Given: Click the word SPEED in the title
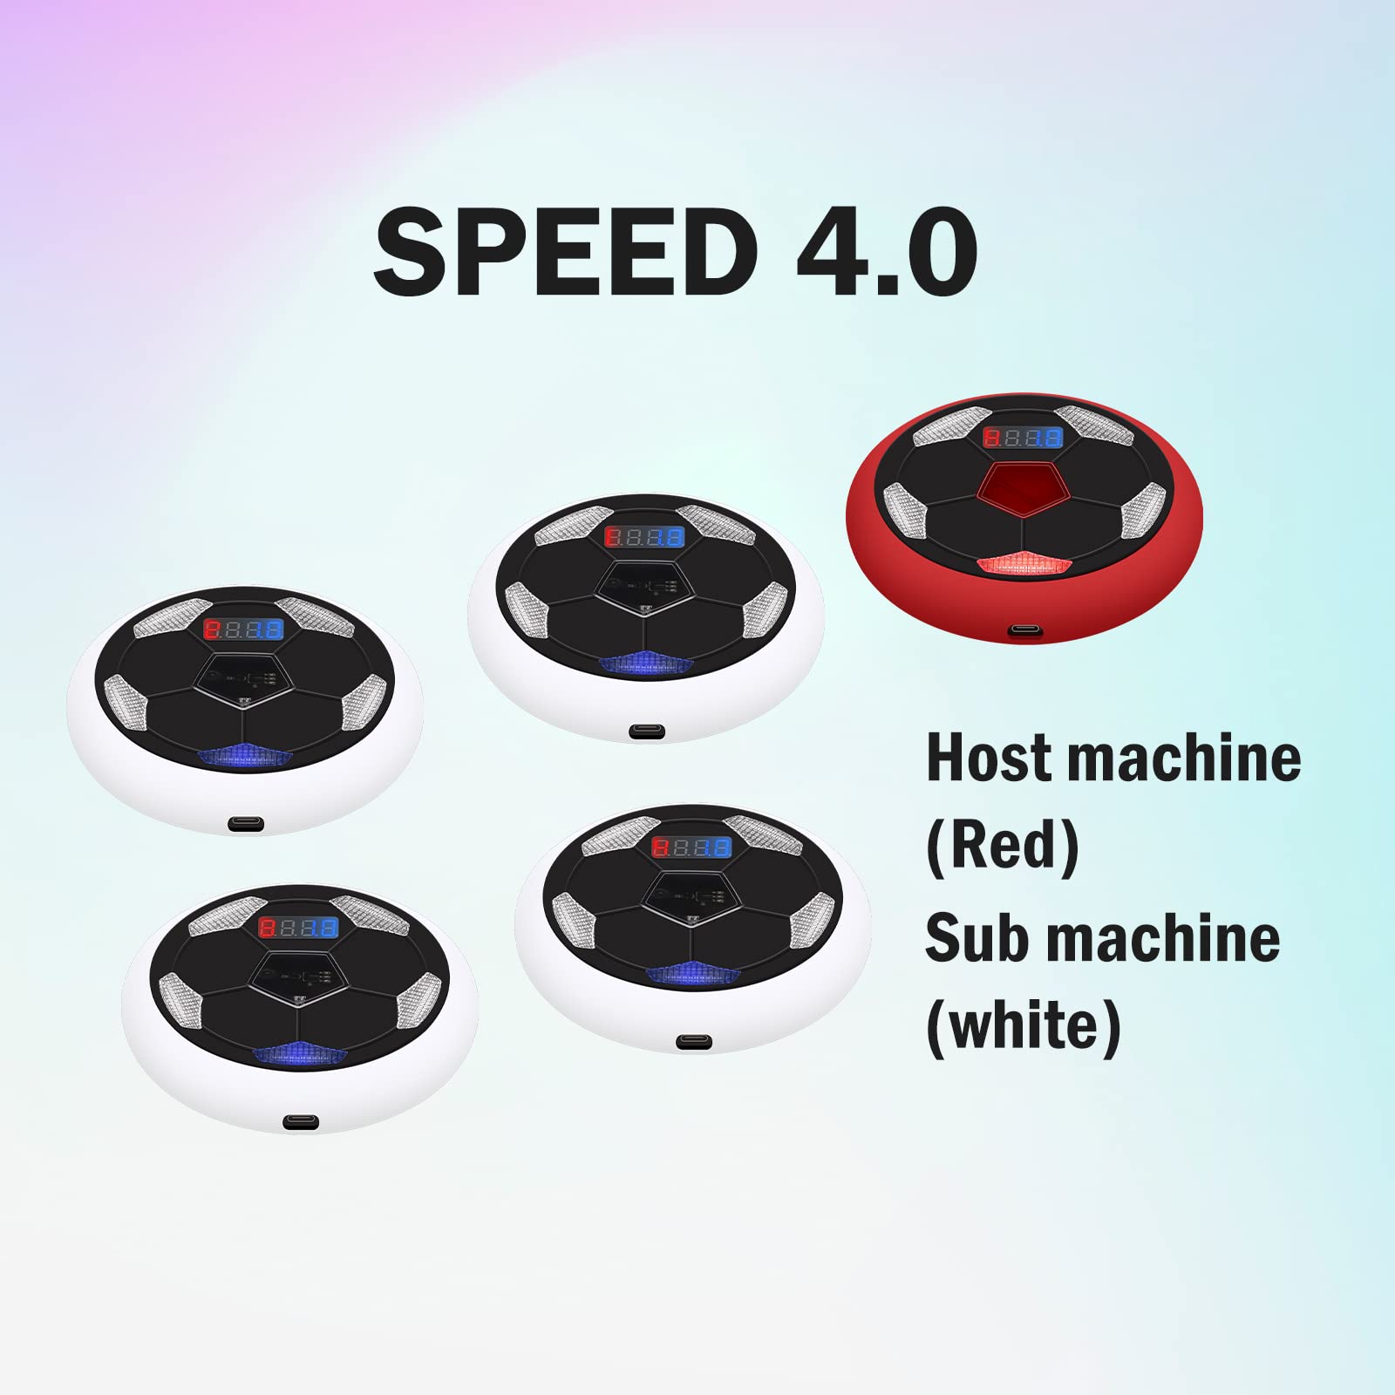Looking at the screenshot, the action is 565,251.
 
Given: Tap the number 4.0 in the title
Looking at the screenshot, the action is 887,251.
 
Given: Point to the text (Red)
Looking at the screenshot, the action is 1003,846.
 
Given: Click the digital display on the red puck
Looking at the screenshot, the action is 1023,438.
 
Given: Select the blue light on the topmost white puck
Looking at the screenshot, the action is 645,664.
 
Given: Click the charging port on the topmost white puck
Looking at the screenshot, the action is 646,732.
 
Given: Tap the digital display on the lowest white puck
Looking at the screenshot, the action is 299,927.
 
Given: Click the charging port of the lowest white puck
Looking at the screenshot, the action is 301,1123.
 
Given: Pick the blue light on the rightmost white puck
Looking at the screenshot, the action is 693,973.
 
